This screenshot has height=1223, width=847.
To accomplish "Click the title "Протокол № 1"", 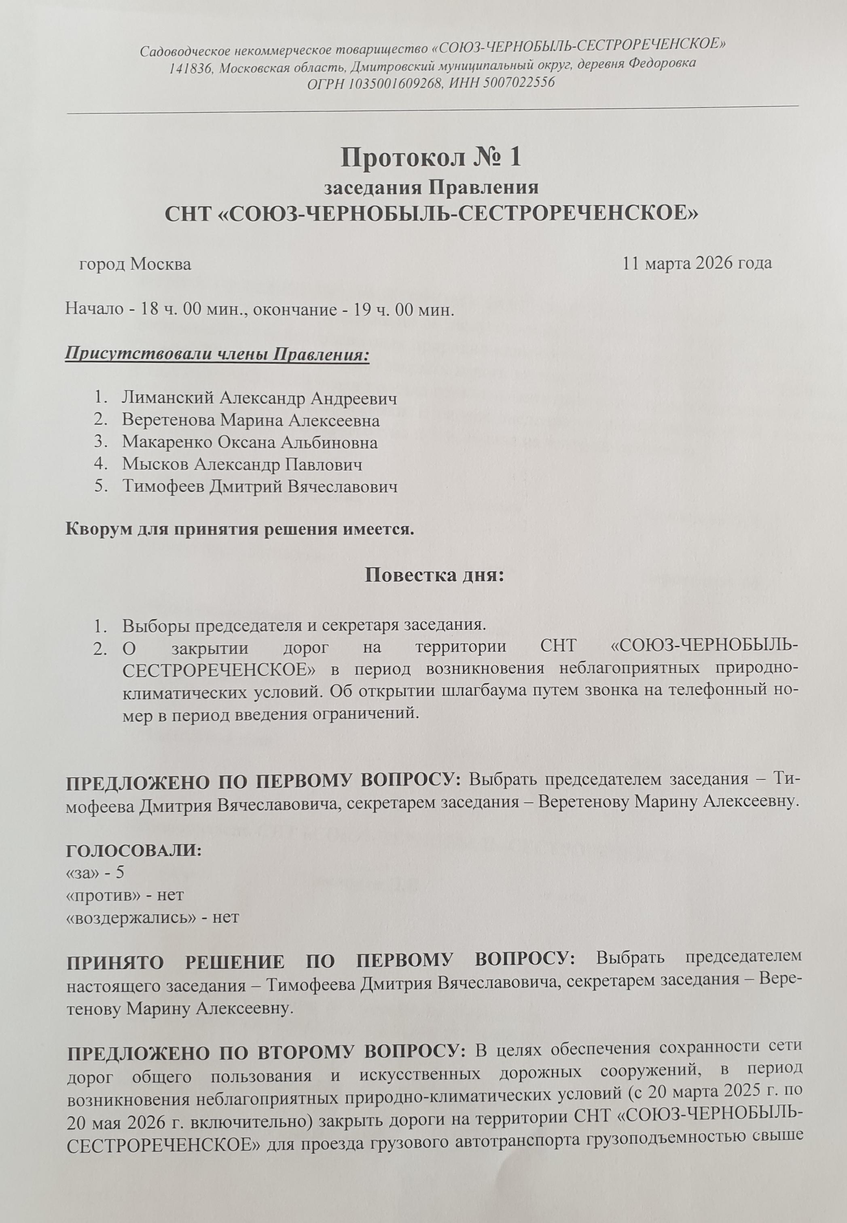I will tap(431, 158).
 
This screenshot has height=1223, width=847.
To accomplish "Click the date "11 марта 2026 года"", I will tap(697, 263).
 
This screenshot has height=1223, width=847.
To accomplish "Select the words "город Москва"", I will tap(136, 264).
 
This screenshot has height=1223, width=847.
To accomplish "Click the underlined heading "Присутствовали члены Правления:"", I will tap(216, 354).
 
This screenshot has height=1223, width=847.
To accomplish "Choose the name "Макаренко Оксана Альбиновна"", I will tap(250, 442).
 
